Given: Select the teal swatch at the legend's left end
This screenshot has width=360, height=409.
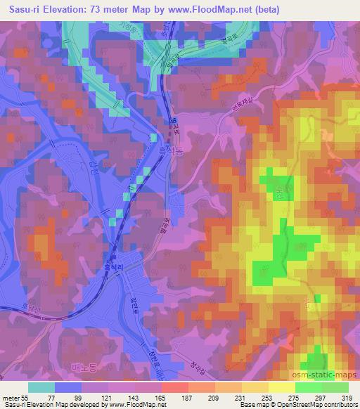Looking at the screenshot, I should click(x=41, y=387).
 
